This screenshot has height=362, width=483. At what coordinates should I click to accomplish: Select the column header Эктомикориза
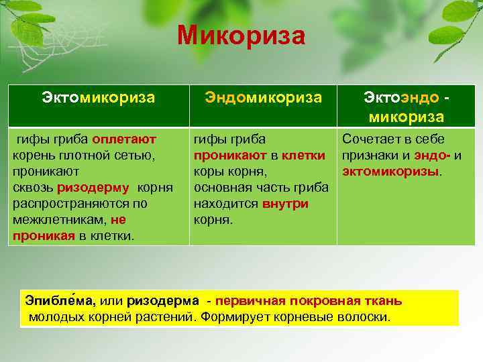pos(99,98)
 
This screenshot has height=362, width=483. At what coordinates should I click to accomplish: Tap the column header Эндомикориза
pos(263,98)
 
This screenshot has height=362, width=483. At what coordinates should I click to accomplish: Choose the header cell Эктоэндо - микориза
pos(404,107)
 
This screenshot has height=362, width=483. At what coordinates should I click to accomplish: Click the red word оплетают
pos(124,139)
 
